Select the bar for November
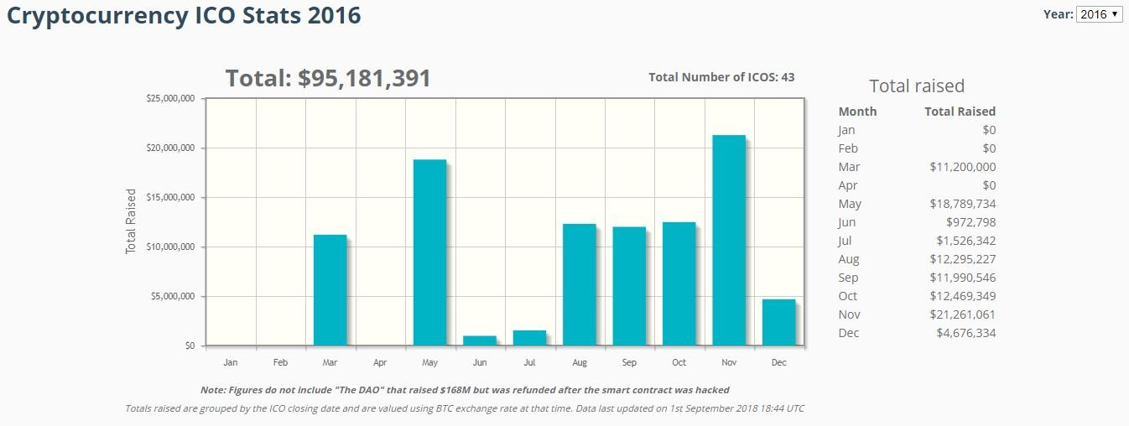click(729, 241)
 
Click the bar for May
click(429, 252)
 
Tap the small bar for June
click(480, 340)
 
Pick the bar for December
click(778, 322)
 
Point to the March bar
click(330, 290)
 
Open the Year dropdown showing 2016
click(1099, 14)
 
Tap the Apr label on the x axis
click(380, 363)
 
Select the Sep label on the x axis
click(629, 363)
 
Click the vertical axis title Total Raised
click(131, 221)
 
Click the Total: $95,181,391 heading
click(328, 79)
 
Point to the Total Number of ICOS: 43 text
click(721, 77)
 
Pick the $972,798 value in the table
click(971, 222)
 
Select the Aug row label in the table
click(849, 259)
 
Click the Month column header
click(857, 112)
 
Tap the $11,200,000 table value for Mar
click(963, 167)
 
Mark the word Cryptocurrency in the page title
click(91, 15)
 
